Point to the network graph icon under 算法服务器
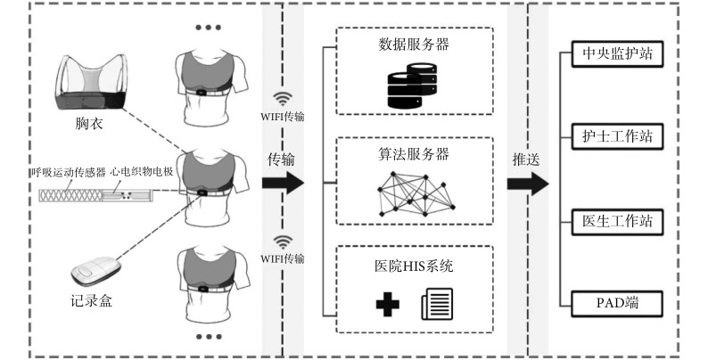(x=413, y=196)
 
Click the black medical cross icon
(x=386, y=305)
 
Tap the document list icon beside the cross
(x=437, y=305)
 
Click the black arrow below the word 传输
(x=284, y=184)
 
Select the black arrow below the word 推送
(x=527, y=184)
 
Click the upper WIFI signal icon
(x=284, y=99)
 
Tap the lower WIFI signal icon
(x=284, y=241)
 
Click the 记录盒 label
(x=91, y=299)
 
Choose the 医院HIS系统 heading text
(x=414, y=266)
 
